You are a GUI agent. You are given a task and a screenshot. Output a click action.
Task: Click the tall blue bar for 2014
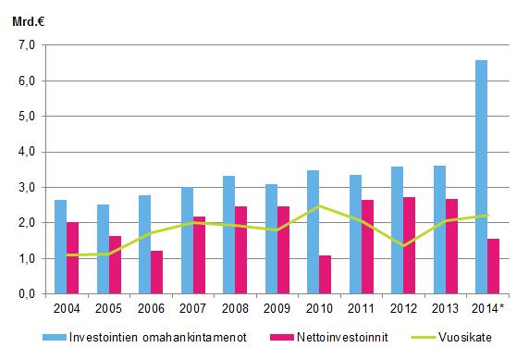point(481,177)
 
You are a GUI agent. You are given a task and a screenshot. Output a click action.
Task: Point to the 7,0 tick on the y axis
point(25,45)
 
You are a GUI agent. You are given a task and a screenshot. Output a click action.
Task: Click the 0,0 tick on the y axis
point(25,294)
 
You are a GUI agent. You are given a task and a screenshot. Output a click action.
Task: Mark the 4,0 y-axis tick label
point(25,152)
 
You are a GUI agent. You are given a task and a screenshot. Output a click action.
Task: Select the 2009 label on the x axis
point(277,308)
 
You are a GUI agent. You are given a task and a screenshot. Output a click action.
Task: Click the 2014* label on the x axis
point(488,308)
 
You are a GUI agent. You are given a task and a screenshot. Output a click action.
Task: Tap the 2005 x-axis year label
point(108,308)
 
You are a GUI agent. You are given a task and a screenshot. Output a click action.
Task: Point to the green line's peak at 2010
point(319,205)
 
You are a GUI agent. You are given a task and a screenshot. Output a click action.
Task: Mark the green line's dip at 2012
point(403,246)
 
